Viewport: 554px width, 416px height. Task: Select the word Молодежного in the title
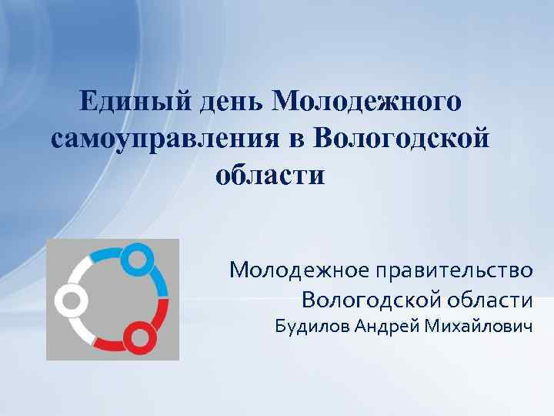pos(367,101)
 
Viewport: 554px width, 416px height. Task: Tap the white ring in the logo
pos(68,300)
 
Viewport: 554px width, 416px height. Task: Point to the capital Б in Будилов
pos(282,328)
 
